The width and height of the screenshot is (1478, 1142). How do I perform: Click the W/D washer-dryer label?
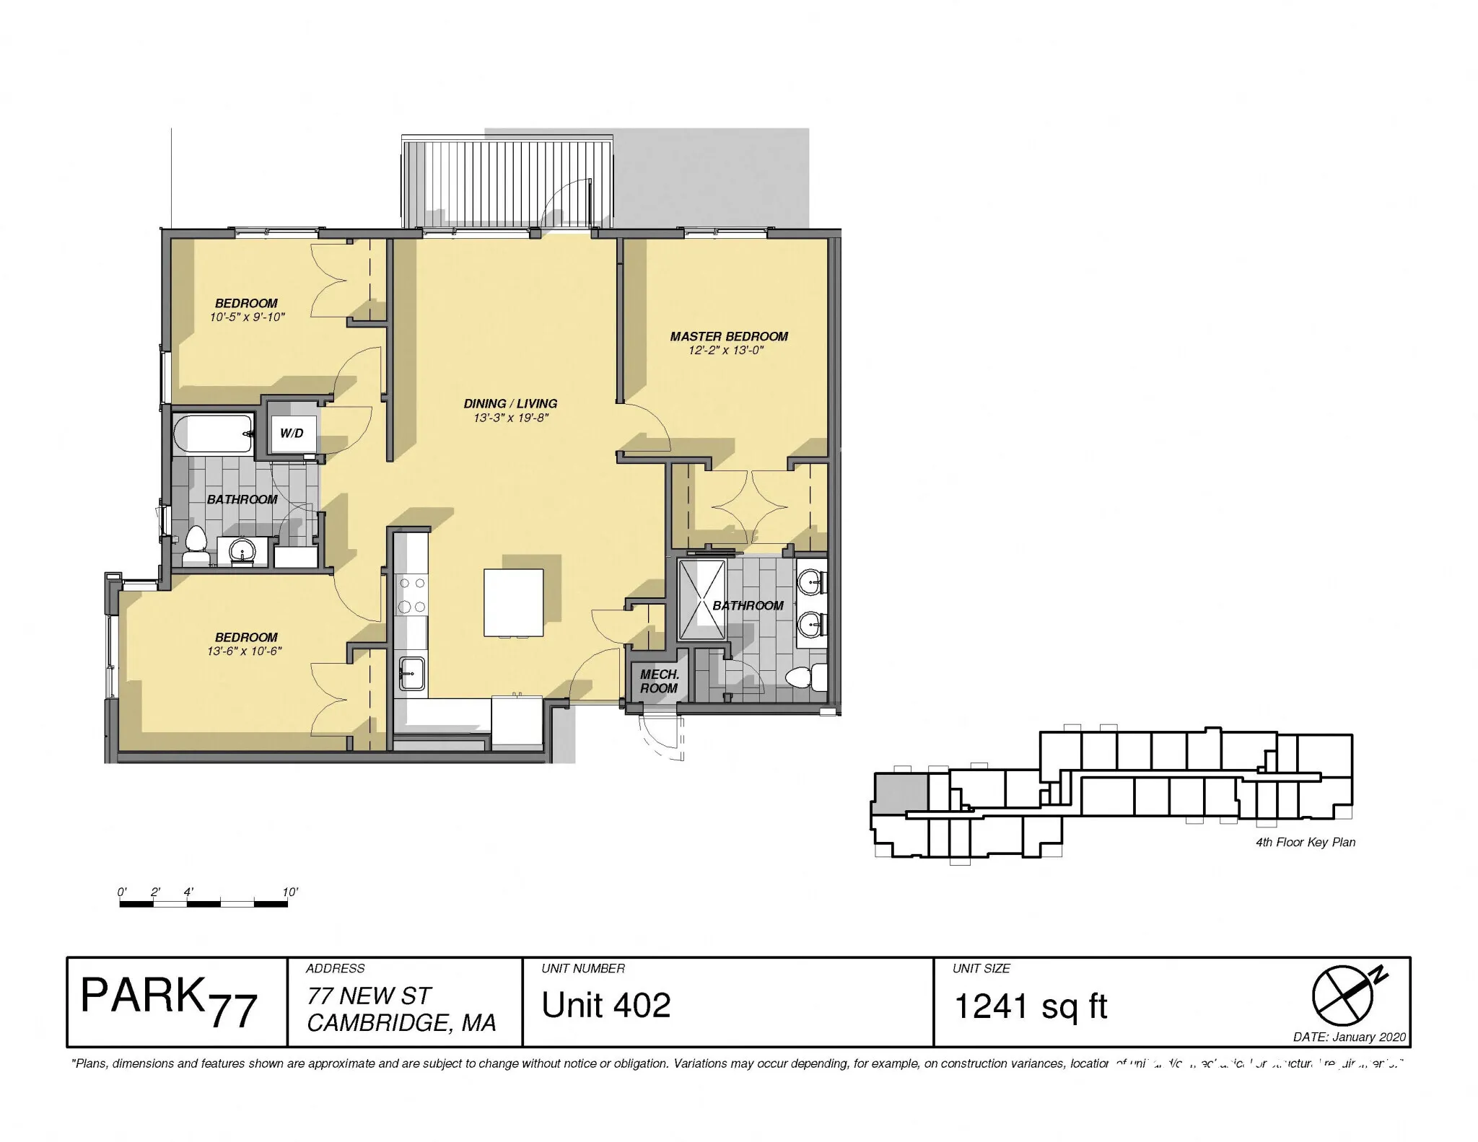[x=292, y=434]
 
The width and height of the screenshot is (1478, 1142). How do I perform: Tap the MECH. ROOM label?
[x=659, y=681]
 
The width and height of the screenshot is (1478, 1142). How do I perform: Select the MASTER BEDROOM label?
[x=728, y=336]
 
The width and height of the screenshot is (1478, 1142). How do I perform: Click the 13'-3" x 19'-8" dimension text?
[x=511, y=418]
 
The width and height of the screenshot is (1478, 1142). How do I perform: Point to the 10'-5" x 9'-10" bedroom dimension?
[x=247, y=317]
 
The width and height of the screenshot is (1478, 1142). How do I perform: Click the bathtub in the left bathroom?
[x=214, y=434]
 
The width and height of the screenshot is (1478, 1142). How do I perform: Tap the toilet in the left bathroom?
[x=195, y=546]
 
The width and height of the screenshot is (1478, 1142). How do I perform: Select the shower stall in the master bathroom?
[x=702, y=598]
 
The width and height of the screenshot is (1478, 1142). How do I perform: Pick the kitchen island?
[x=513, y=602]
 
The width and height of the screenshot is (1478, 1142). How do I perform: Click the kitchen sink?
[x=411, y=673]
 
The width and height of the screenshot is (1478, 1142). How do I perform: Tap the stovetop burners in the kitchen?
[x=411, y=595]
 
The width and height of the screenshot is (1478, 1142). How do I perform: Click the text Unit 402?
[x=606, y=1005]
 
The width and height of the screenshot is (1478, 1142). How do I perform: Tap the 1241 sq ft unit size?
[x=1031, y=1006]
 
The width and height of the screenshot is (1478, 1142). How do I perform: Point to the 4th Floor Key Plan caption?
[x=1306, y=842]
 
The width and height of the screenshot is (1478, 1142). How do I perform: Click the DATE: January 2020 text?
[x=1350, y=1037]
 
